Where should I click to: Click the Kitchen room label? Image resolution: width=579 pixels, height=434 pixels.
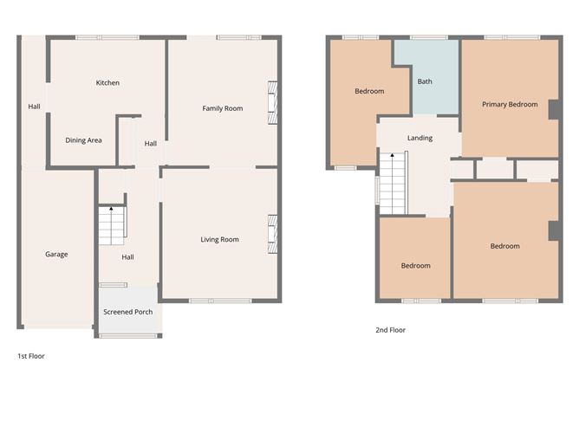(x=107, y=83)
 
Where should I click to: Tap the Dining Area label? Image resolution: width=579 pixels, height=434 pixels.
(x=84, y=139)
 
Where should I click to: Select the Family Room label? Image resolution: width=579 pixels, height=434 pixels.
(x=222, y=108)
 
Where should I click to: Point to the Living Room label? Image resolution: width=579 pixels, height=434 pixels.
(x=219, y=239)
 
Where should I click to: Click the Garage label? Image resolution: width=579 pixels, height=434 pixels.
(x=56, y=254)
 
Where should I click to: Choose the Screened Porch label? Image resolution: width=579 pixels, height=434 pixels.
(x=127, y=312)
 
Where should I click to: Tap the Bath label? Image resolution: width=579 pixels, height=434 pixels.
(x=425, y=82)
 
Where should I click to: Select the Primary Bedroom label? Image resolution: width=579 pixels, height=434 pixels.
(x=510, y=105)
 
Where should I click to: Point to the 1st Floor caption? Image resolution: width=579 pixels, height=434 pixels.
(x=30, y=356)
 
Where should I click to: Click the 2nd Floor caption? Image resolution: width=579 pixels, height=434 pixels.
(x=390, y=330)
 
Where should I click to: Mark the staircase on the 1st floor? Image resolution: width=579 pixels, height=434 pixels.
(x=112, y=226)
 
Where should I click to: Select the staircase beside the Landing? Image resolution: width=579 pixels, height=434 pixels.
(x=393, y=182)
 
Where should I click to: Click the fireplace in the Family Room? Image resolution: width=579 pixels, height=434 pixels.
(x=272, y=102)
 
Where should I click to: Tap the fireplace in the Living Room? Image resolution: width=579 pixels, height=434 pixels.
(x=272, y=234)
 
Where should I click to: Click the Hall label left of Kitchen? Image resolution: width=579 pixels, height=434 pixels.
(x=34, y=107)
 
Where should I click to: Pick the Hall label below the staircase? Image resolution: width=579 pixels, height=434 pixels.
(x=127, y=256)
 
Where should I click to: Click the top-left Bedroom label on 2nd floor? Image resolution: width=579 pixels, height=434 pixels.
(x=369, y=91)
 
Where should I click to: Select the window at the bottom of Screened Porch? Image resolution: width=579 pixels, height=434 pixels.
(x=127, y=335)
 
